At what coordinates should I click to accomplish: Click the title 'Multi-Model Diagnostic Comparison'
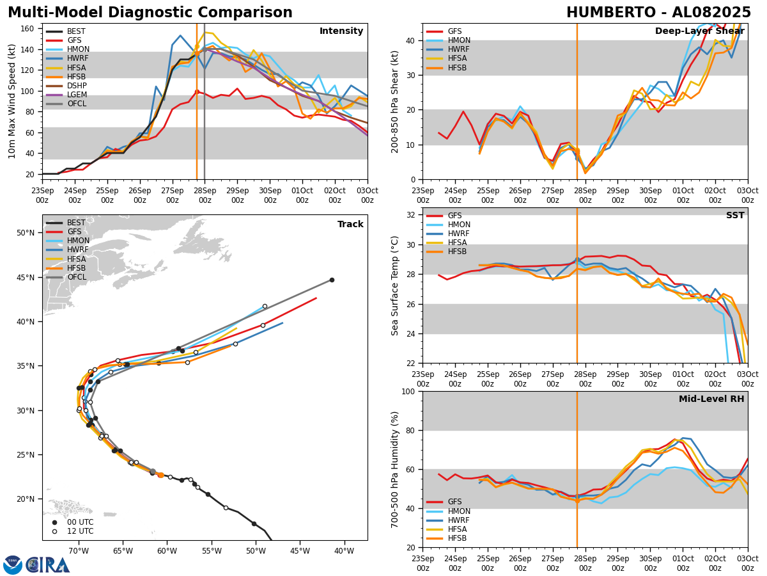150,13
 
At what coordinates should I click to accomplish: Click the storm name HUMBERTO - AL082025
658,13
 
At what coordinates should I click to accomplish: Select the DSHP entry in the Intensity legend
77,86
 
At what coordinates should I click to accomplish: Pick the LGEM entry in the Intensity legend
77,95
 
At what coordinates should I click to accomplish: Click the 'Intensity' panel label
341,31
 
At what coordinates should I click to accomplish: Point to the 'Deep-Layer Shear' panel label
699,31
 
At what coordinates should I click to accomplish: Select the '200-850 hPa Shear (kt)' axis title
396,101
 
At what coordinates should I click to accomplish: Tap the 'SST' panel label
735,216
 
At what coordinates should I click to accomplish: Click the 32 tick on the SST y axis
412,215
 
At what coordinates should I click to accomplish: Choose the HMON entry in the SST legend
459,225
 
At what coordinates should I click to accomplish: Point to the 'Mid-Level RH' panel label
711,399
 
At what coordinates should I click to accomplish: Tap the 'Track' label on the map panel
350,225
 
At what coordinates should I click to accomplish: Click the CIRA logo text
49,565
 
